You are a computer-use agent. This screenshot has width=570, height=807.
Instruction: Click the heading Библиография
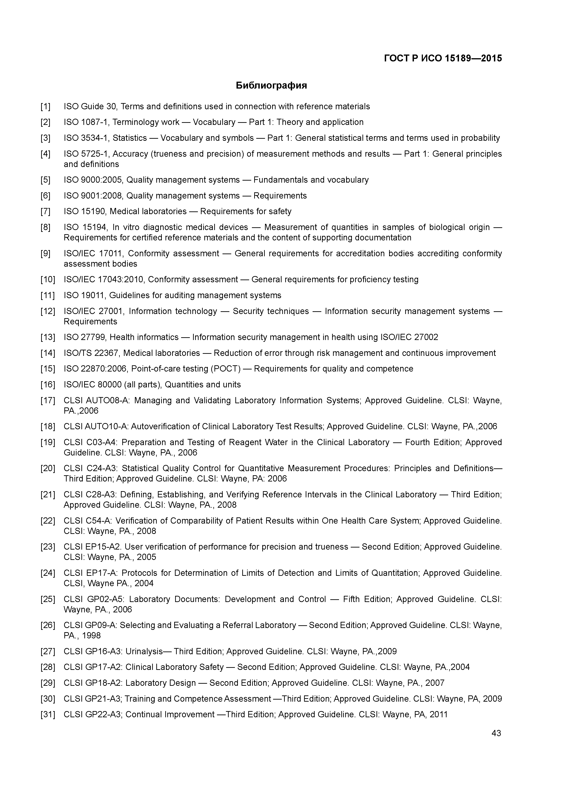coord(271,85)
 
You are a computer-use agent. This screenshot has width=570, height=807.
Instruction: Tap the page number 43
coord(496,733)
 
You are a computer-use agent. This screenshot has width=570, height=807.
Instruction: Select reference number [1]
coord(45,107)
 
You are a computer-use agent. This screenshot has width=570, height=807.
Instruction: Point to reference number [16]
coord(48,384)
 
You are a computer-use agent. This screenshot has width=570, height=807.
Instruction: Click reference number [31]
coord(48,714)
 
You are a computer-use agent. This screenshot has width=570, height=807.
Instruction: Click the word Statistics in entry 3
coord(130,138)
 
